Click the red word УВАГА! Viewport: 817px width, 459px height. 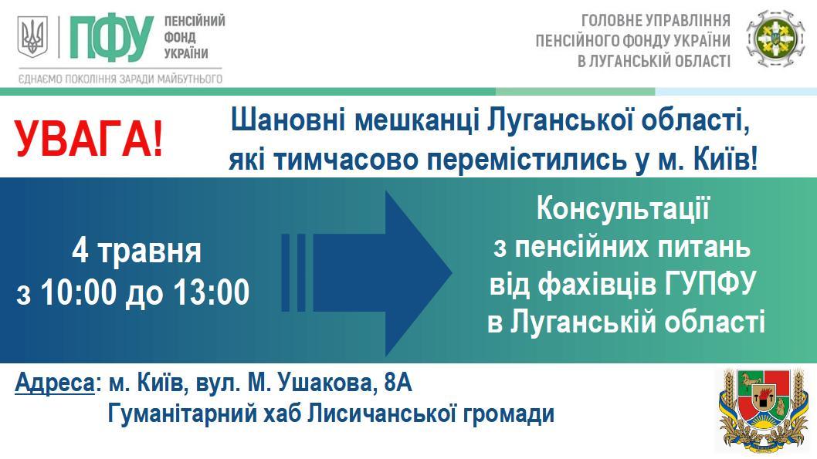click(x=89, y=140)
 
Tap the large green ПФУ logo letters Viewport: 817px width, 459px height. click(x=111, y=37)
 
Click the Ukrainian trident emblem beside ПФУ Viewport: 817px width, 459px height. click(x=33, y=36)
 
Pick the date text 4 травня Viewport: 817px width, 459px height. click(x=137, y=251)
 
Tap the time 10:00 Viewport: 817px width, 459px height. click(x=78, y=292)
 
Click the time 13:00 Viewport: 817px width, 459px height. click(x=212, y=292)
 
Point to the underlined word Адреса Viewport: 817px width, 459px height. click(x=55, y=383)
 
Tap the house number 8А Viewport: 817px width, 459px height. click(x=398, y=383)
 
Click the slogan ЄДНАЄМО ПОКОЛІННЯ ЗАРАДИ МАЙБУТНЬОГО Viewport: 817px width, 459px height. click(x=120, y=79)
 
